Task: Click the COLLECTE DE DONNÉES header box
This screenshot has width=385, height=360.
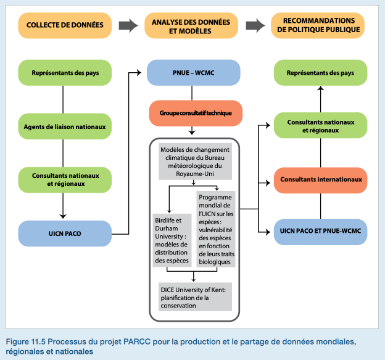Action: pos(65,25)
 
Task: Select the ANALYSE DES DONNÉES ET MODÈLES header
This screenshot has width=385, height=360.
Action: pos(191,25)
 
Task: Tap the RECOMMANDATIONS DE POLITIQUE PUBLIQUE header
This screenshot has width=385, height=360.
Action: pos(318,25)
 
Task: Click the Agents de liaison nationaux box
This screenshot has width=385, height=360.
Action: pos(65,127)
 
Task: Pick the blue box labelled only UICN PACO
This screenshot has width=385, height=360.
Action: pos(65,233)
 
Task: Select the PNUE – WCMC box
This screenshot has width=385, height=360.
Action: pos(194,73)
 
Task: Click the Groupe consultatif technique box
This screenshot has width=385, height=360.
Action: pos(196,113)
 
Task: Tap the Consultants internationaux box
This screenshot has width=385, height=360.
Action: pos(321,180)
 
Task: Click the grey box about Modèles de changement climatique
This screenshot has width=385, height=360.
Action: pos(195,161)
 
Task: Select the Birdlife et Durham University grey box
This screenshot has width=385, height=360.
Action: pos(172,240)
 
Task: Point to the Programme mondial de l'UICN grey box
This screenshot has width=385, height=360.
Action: pos(216,229)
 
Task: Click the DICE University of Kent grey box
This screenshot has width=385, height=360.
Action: pos(195,297)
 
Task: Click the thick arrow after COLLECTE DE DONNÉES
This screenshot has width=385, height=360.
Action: pos(128,25)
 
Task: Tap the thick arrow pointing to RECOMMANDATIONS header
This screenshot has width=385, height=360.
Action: pos(255,25)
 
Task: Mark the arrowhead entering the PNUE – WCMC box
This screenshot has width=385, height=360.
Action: pos(139,72)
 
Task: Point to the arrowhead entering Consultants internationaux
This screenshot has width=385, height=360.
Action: pos(268,183)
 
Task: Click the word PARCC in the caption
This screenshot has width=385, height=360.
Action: pos(136,341)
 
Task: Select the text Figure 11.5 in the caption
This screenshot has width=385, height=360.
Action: pos(26,341)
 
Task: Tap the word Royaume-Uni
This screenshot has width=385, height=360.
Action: pos(195,174)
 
